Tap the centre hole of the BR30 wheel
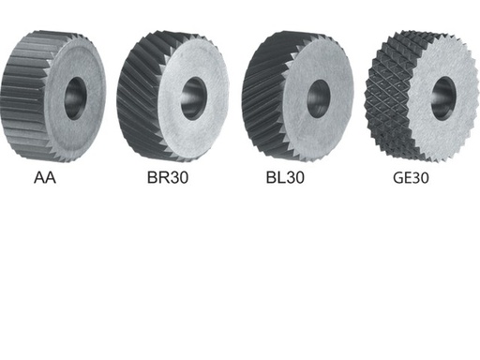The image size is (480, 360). pos(194,96)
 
